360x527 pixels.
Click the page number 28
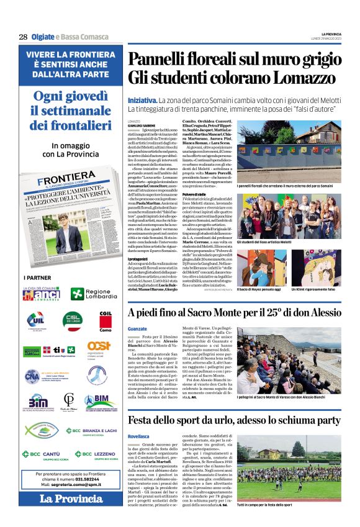23,37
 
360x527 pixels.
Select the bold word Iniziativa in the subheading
142,100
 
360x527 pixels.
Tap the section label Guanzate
138,329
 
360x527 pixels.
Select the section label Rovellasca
140,436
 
